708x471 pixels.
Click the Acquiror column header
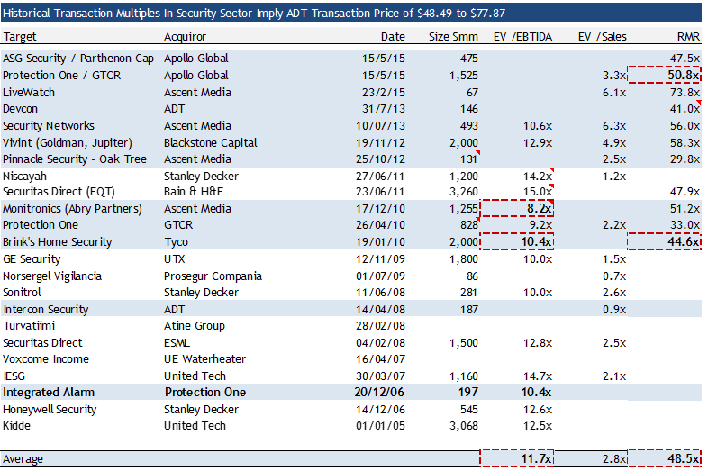(x=185, y=37)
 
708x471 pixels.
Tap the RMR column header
(x=688, y=37)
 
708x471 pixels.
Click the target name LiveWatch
(x=29, y=93)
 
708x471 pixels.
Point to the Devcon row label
(x=22, y=109)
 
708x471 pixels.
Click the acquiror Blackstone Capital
(x=210, y=142)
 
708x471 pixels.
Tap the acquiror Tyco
(x=176, y=242)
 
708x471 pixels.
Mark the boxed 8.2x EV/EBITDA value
(x=537, y=209)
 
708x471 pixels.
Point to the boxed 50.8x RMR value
(x=685, y=76)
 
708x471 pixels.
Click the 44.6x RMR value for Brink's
(x=685, y=242)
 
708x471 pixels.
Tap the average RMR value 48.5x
(x=685, y=459)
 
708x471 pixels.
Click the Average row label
(x=23, y=459)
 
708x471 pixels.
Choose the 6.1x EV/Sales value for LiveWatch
(x=614, y=93)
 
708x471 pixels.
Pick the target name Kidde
(x=18, y=426)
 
